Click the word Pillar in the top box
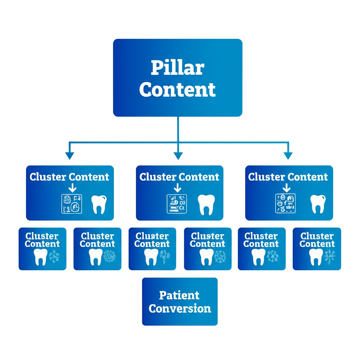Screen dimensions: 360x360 click(177, 67)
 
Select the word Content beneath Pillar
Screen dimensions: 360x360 click(177, 90)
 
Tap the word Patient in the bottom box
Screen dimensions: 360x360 click(179, 295)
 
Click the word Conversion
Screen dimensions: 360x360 click(180, 309)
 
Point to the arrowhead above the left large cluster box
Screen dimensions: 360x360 click(70, 155)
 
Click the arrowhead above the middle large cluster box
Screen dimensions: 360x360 click(178, 155)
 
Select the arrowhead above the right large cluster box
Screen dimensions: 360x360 click(288, 155)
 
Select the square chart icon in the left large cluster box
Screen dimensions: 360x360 click(72, 204)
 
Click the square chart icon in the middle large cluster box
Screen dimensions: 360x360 click(177, 204)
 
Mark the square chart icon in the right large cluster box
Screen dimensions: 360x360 click(285, 204)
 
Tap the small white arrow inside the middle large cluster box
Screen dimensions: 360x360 click(178, 188)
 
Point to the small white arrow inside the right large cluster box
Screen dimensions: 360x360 click(287, 188)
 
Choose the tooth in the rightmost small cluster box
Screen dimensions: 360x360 click(315, 257)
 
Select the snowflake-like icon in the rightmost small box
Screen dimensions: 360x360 click(329, 257)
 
